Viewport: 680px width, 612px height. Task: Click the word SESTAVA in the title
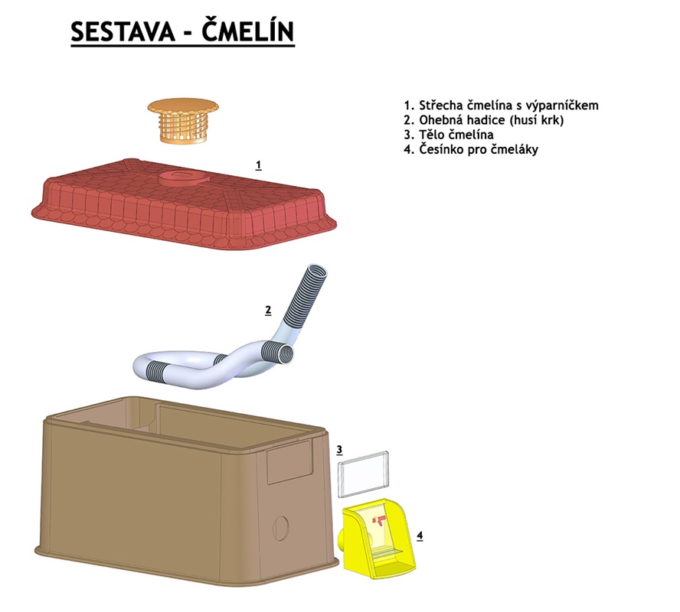click(123, 31)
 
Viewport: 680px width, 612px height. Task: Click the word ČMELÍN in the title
click(248, 31)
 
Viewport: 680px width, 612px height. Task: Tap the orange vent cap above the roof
click(182, 120)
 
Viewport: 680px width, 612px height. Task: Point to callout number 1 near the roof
click(259, 165)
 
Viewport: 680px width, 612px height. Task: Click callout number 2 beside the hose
click(268, 310)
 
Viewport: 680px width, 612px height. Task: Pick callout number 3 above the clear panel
click(339, 450)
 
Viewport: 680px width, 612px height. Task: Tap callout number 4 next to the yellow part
click(420, 535)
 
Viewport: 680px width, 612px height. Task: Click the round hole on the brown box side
click(280, 528)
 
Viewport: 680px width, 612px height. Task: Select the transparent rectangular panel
click(364, 474)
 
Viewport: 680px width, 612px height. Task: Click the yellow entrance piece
click(376, 539)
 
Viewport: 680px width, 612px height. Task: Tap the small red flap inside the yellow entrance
click(378, 520)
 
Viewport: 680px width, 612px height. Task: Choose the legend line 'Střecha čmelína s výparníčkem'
click(501, 106)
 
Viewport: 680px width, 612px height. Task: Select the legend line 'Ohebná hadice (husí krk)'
click(483, 120)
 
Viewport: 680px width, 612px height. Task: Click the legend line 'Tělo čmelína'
click(449, 135)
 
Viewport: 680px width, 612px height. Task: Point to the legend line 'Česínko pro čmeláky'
click(471, 149)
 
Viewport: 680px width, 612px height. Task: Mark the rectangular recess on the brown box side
click(289, 462)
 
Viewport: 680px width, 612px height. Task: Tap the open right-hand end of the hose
click(286, 354)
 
